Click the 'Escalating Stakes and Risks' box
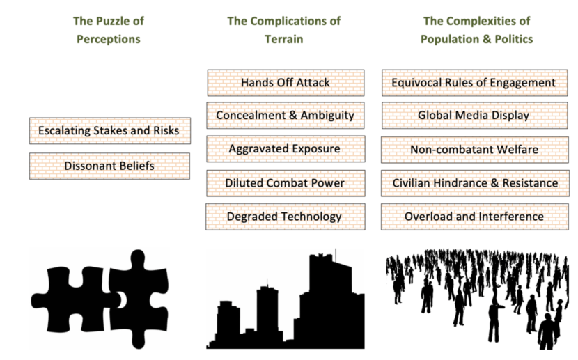(109, 131)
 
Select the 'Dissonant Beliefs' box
(109, 166)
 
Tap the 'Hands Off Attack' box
(285, 83)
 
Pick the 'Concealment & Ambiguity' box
(285, 115)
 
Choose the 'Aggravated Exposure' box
(285, 148)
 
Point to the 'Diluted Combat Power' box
(285, 182)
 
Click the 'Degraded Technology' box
(285, 216)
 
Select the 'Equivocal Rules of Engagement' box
(474, 83)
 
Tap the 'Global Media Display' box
(474, 115)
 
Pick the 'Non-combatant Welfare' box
(474, 148)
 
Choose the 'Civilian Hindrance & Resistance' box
(474, 182)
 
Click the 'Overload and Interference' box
(474, 216)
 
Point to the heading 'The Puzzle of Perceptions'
(107, 29)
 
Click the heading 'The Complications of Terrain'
(284, 29)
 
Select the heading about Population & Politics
(476, 29)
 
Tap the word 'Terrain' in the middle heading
(284, 39)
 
